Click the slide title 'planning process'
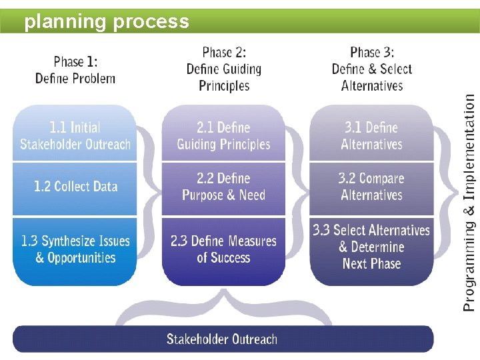click(x=107, y=21)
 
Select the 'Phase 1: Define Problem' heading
click(x=75, y=70)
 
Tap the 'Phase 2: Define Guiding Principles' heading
click(x=223, y=69)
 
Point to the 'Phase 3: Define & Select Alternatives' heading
click(x=372, y=69)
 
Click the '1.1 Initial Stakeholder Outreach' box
click(x=75, y=135)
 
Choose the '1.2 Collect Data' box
click(x=75, y=187)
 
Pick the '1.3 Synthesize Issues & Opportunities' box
click(x=75, y=249)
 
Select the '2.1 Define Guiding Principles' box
click(x=223, y=135)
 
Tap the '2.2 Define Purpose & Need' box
click(x=223, y=187)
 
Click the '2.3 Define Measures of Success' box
click(x=223, y=249)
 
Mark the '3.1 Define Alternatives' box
click(x=372, y=135)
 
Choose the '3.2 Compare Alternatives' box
click(x=372, y=187)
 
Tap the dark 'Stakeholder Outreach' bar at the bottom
click(x=222, y=339)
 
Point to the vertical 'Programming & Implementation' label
click(x=469, y=201)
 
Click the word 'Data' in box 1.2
click(x=104, y=187)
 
